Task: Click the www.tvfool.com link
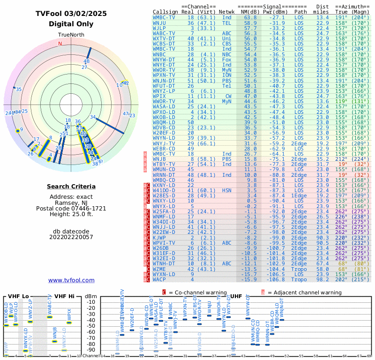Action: coord(71,280)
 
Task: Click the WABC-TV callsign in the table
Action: coord(164,33)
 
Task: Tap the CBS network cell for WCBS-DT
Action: coord(227,44)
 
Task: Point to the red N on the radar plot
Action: coord(60,44)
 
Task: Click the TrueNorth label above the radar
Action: coord(71,35)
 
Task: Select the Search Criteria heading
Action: coord(71,187)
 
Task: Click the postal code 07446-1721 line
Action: coord(71,208)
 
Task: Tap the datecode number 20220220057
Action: coord(71,237)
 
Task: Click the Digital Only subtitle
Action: coord(71,24)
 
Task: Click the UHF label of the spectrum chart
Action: coord(236,296)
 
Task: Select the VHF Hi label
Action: coord(64,296)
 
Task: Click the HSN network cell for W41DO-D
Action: coord(227,190)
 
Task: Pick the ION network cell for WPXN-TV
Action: coord(227,75)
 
